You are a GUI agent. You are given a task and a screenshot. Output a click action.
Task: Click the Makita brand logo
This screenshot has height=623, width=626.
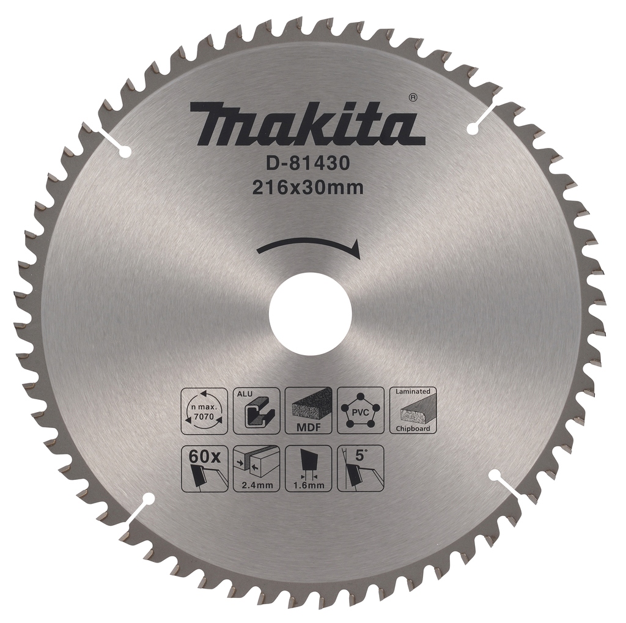[x=307, y=124]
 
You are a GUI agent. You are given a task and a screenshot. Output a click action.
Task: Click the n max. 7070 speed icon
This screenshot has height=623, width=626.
[x=204, y=410]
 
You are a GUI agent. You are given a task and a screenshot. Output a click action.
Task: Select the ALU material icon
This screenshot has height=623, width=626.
[x=256, y=410]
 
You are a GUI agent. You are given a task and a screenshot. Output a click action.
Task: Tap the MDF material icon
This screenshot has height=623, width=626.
[x=309, y=410]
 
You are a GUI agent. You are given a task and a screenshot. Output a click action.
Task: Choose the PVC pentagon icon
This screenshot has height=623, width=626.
[x=361, y=410]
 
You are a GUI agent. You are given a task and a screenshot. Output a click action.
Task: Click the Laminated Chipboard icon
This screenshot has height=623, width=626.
[x=413, y=410]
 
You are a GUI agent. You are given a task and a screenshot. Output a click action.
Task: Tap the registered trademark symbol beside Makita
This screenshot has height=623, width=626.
[x=413, y=97]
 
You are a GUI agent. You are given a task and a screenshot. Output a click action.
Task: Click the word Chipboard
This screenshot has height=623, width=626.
[x=413, y=429]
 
